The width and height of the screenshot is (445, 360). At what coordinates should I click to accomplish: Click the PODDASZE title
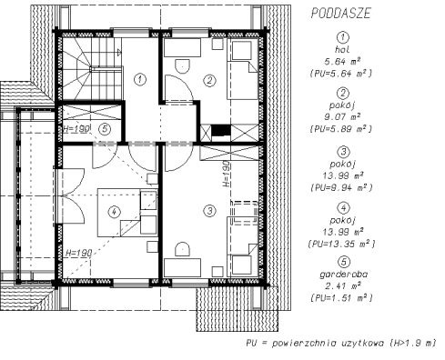tap(341, 14)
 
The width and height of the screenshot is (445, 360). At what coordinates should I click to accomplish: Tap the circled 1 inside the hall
tap(140, 80)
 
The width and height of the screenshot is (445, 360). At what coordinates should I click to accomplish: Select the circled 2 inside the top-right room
tap(209, 80)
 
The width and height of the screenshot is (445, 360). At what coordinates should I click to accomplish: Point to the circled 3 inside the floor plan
tap(209, 211)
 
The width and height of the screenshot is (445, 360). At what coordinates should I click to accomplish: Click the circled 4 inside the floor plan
tap(114, 212)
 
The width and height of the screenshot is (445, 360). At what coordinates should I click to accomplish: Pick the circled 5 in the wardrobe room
tap(105, 129)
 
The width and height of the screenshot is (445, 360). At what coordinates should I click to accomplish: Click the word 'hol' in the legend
tap(342, 49)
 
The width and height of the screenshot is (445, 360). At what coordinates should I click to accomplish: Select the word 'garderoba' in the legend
tap(344, 275)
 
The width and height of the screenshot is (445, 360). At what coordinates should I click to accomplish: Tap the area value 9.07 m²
tap(342, 116)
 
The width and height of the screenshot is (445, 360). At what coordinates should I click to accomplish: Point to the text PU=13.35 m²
tap(342, 244)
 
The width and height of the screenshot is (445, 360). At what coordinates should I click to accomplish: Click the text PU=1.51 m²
tap(342, 297)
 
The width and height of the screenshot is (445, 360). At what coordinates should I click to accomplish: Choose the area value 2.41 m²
tap(342, 285)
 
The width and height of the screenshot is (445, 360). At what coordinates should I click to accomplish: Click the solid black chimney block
tap(221, 130)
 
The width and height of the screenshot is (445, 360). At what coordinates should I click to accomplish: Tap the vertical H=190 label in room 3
tap(227, 175)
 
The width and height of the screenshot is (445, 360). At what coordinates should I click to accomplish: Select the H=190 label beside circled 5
tap(76, 129)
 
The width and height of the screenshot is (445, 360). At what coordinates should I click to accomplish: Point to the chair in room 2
tap(182, 66)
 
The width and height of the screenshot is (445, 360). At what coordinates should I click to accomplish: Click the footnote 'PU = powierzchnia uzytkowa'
tap(313, 344)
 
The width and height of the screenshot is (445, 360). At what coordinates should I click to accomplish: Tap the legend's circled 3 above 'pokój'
tap(343, 152)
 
